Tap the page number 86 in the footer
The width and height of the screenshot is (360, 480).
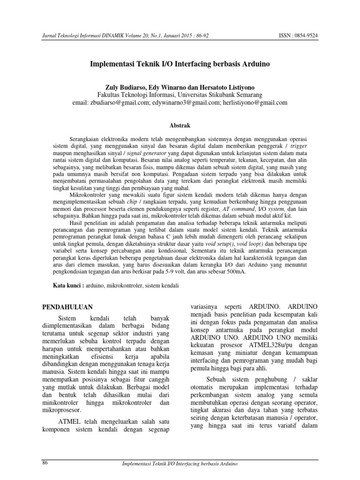point(45,463)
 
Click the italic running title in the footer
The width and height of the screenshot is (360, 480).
point(180,464)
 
